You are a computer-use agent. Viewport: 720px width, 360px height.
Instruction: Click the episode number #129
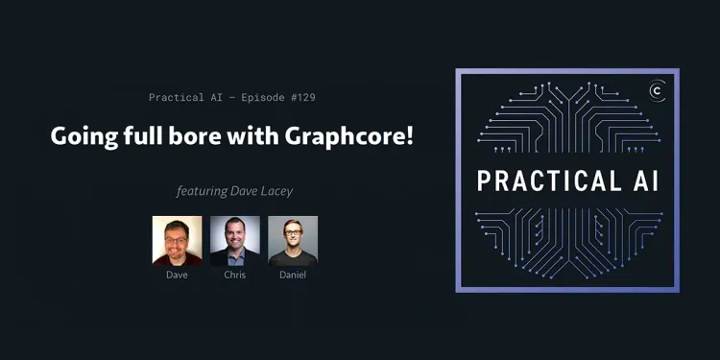tap(300, 97)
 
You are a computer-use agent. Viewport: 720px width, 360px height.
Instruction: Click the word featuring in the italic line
tap(202, 191)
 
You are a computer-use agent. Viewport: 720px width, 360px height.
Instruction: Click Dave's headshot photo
tap(177, 240)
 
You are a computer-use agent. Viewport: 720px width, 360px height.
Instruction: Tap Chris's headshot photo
tap(234, 240)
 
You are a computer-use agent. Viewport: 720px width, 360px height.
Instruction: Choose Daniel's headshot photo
tap(292, 240)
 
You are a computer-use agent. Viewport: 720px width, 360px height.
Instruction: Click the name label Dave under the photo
tap(177, 276)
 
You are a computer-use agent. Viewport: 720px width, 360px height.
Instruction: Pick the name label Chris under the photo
tap(234, 276)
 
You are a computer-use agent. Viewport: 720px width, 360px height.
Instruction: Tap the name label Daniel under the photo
tap(292, 276)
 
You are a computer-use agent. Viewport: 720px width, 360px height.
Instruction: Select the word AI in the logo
tap(645, 181)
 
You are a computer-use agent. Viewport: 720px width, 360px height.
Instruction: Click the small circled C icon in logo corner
tap(658, 90)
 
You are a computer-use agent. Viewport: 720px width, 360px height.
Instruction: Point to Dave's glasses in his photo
tap(178, 235)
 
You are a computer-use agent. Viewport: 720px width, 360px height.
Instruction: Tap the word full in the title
tap(142, 136)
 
